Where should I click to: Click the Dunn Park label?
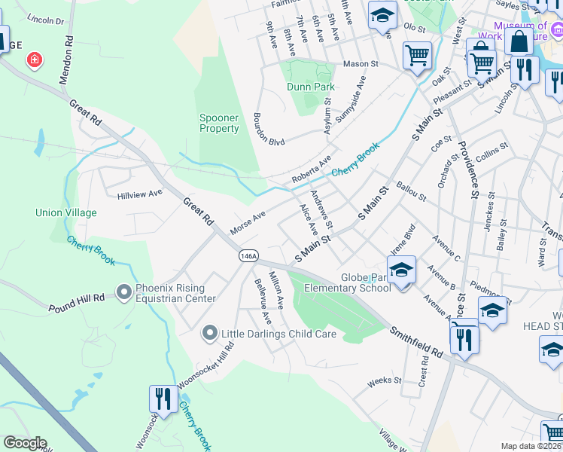click(310, 87)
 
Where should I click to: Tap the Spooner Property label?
click(219, 123)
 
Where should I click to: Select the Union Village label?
click(66, 213)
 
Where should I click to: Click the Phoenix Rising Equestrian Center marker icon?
click(124, 291)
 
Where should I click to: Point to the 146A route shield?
click(249, 256)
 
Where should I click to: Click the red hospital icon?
click(34, 60)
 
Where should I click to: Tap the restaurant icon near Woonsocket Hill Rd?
click(161, 397)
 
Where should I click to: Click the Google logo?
click(25, 443)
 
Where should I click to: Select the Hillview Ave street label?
click(140, 194)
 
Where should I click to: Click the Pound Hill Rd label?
click(77, 298)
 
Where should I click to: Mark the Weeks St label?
click(385, 382)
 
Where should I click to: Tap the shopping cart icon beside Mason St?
click(417, 55)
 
